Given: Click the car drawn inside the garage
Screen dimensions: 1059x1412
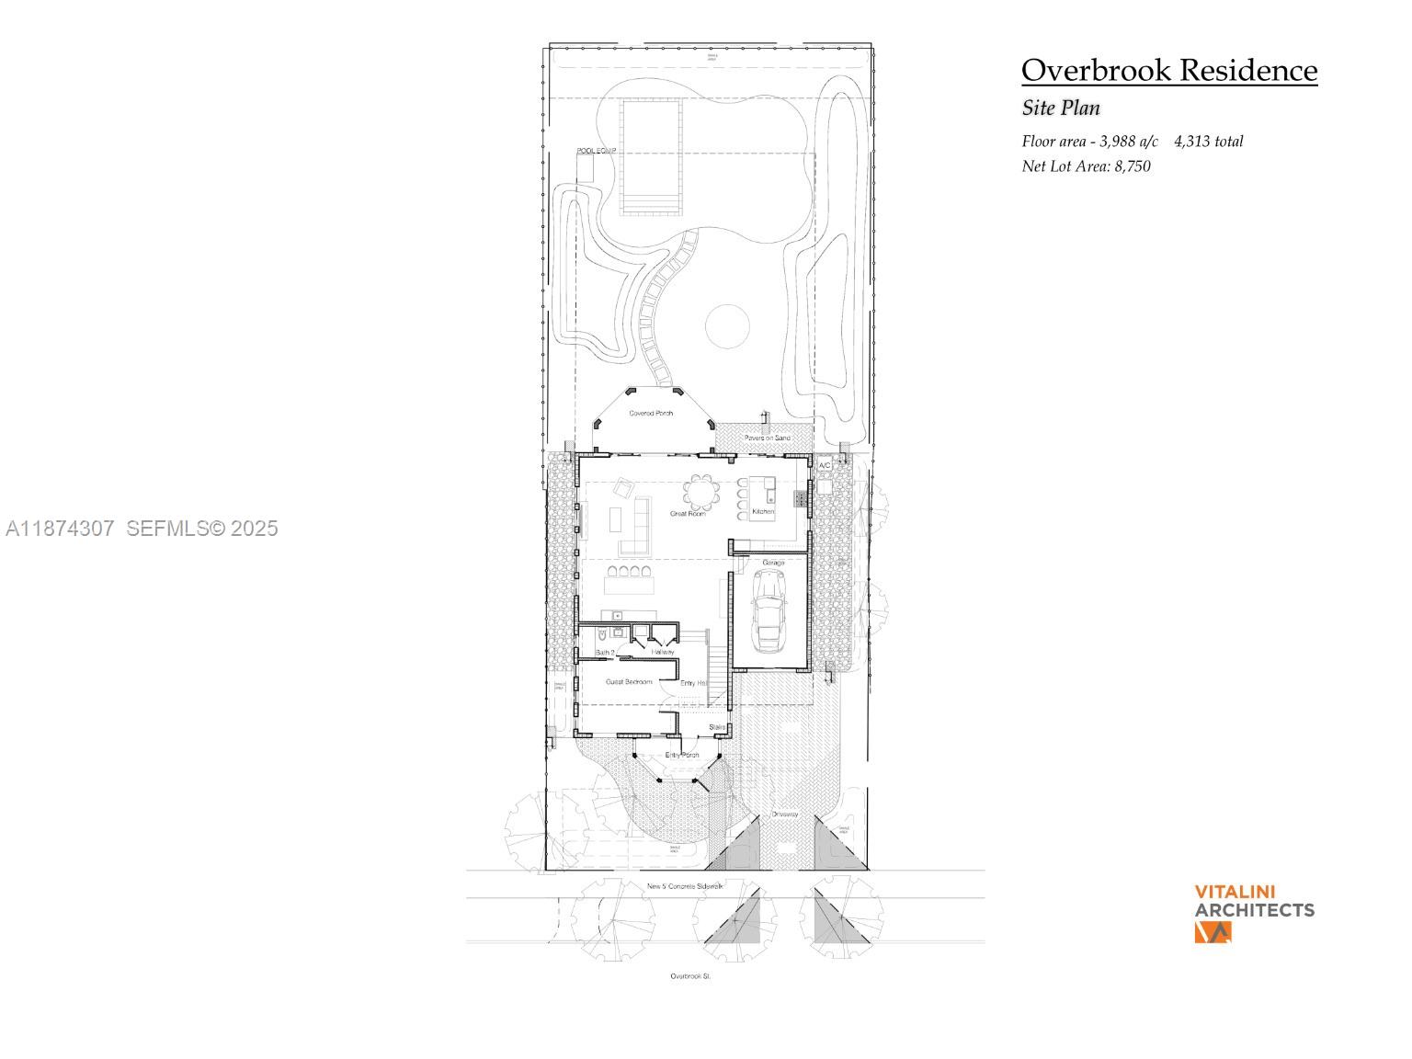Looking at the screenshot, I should (x=769, y=609).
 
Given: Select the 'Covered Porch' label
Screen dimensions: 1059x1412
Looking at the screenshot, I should (x=651, y=414).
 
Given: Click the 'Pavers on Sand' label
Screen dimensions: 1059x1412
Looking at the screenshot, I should (x=767, y=438).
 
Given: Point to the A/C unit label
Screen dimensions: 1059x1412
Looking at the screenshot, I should (x=825, y=466).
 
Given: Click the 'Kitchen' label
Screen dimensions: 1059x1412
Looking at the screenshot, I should (x=763, y=511).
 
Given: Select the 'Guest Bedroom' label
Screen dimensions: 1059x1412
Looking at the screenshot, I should (x=629, y=682).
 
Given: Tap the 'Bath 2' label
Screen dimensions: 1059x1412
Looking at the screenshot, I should (x=605, y=653).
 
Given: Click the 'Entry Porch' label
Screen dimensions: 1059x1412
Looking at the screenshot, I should (x=682, y=756).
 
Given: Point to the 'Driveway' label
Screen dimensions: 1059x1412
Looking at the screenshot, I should (x=784, y=814).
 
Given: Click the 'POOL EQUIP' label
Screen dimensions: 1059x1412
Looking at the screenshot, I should (x=596, y=151).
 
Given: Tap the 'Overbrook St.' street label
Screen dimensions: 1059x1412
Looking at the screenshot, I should (x=690, y=976).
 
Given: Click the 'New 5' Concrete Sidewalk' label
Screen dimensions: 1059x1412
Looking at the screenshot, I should (x=685, y=886).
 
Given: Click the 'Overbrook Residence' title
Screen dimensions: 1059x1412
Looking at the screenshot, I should (x=1168, y=71).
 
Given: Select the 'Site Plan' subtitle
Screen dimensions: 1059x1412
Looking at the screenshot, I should (x=1061, y=108).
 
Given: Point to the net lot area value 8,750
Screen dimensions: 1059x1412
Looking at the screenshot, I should (x=1133, y=166).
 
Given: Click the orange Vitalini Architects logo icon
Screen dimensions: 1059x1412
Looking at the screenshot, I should (x=1212, y=932).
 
